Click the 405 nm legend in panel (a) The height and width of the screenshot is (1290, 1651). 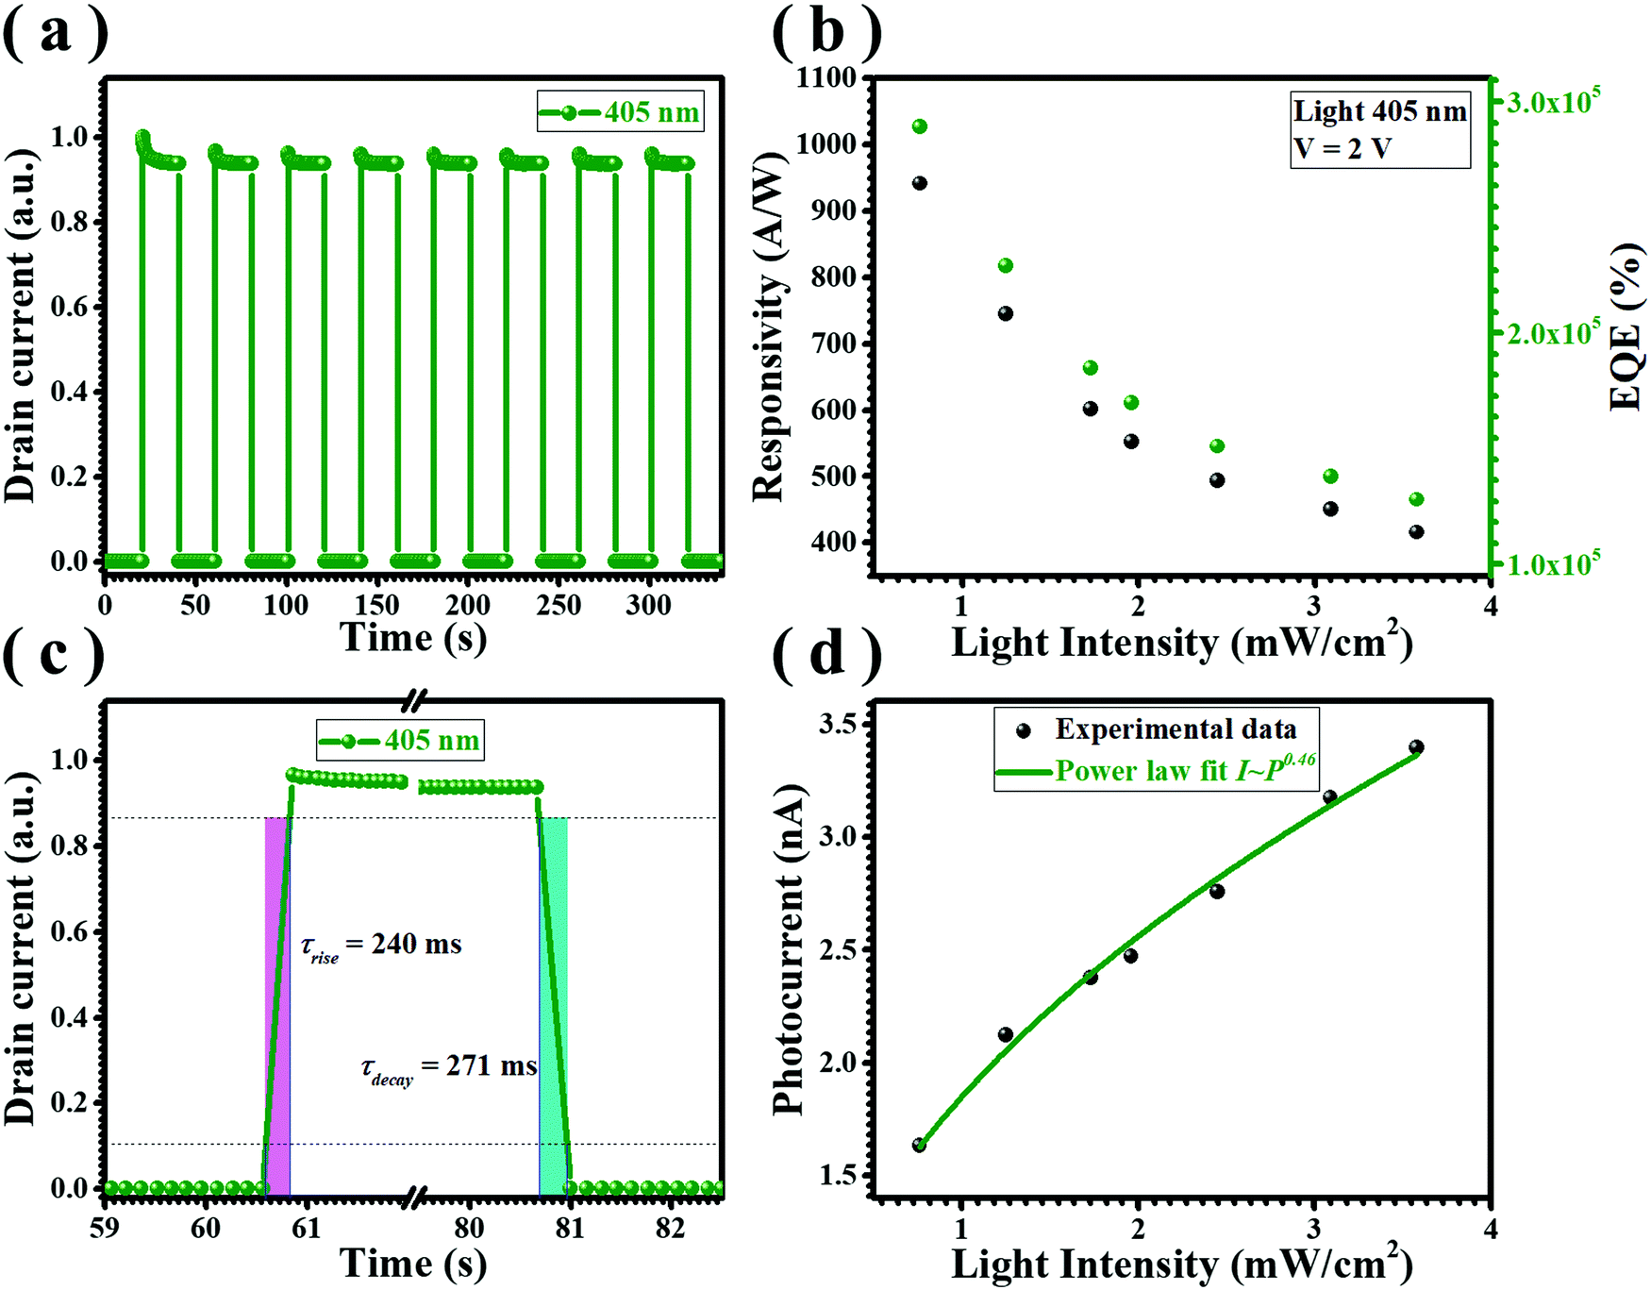[621, 112]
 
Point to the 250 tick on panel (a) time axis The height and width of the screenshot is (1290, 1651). [559, 605]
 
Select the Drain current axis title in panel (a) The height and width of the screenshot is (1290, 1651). [21, 325]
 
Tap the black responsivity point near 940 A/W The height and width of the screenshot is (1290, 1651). [920, 183]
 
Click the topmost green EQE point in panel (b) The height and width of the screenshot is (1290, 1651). [920, 126]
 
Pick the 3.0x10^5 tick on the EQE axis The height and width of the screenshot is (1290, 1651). [1553, 102]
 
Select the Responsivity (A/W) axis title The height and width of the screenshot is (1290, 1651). [770, 326]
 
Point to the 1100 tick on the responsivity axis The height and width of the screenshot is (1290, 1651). [825, 77]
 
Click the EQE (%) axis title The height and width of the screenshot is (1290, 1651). [1625, 327]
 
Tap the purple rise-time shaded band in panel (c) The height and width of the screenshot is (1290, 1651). [277, 1000]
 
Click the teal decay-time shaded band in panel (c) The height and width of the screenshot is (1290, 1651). [554, 1000]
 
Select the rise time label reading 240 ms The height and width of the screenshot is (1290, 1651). [381, 945]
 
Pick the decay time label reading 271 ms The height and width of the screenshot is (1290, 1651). [449, 1067]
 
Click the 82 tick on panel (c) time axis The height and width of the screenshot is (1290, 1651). [670, 1228]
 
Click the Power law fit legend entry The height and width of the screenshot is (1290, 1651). [1156, 771]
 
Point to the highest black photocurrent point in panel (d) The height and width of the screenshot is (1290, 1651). [1416, 747]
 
